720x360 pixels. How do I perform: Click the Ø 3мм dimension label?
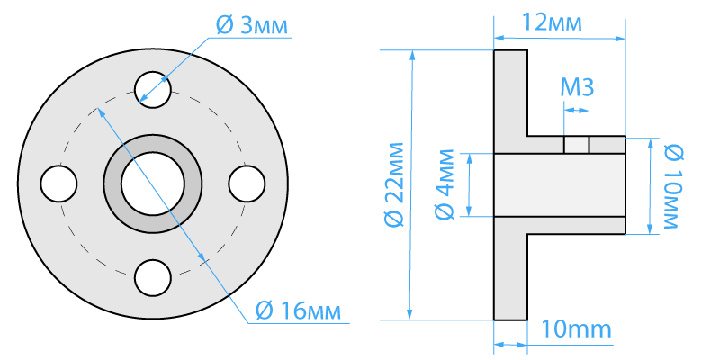pyautogui.click(x=252, y=27)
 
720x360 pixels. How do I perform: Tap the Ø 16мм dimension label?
pyautogui.click(x=298, y=311)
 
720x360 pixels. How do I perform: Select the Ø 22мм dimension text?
pyautogui.click(x=394, y=184)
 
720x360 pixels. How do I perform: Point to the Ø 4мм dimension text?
pyautogui.click(x=445, y=184)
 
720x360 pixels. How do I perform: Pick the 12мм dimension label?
pyautogui.click(x=552, y=22)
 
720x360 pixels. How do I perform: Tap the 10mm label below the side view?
pyautogui.click(x=577, y=329)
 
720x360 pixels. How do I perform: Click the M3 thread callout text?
pyautogui.click(x=577, y=87)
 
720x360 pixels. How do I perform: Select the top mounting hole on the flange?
pyautogui.click(x=153, y=89)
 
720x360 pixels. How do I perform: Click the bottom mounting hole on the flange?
pyautogui.click(x=153, y=278)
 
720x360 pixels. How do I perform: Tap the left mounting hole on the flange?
pyautogui.click(x=58, y=184)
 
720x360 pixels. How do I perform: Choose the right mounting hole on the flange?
pyautogui.click(x=247, y=184)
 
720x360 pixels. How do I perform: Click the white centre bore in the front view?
pyautogui.click(x=153, y=184)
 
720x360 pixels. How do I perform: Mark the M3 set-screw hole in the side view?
pyautogui.click(x=576, y=145)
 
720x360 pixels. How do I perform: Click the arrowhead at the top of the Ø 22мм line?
pyautogui.click(x=413, y=55)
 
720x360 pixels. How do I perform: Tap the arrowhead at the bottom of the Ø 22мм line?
pyautogui.click(x=409, y=314)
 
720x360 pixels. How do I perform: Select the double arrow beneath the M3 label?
pyautogui.click(x=576, y=110)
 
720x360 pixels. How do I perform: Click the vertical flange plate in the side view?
pyautogui.click(x=510, y=184)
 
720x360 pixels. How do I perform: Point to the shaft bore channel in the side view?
pyautogui.click(x=559, y=184)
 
